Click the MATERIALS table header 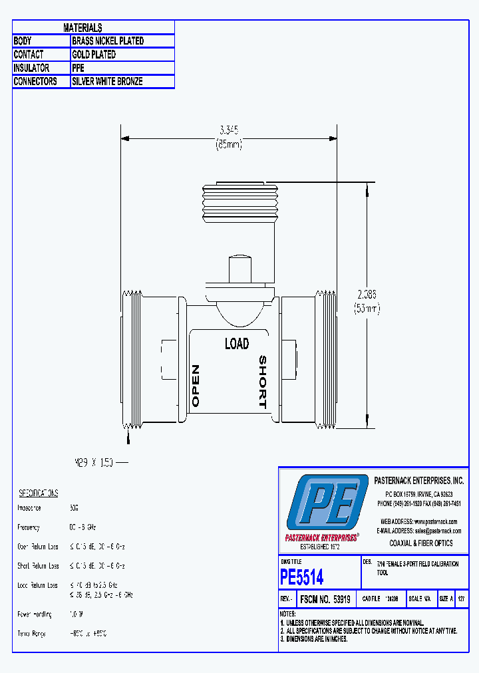(82, 27)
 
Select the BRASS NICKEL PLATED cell (108, 41)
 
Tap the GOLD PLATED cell (94, 55)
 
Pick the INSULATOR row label (31, 68)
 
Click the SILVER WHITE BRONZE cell (107, 82)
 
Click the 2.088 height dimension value (367, 293)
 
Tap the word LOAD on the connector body (236, 344)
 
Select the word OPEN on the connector (196, 386)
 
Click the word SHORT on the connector (262, 382)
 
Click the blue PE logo (327, 503)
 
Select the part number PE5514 (302, 576)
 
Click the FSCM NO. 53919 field (326, 599)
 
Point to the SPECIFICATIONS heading (38, 493)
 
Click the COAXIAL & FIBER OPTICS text (420, 543)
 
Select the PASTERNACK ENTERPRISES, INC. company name (419, 481)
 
